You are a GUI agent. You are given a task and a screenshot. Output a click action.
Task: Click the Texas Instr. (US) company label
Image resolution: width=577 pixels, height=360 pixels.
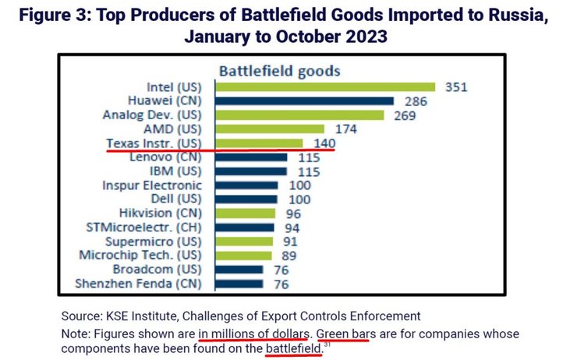154,143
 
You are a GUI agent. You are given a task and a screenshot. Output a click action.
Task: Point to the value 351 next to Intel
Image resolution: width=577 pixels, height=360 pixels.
456,86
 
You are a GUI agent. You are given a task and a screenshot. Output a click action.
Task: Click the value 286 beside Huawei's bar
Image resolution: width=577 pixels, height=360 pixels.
413,101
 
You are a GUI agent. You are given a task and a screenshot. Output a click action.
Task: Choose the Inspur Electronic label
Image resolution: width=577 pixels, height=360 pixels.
151,185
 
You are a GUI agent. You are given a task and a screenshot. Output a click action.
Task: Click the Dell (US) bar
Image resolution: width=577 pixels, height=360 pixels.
245,199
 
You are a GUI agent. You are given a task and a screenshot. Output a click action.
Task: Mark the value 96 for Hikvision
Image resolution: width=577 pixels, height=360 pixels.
292,214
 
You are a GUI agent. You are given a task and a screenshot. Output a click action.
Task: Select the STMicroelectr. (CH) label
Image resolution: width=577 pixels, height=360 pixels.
146,228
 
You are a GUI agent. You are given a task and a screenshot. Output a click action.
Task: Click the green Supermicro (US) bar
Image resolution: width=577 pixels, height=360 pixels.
242,242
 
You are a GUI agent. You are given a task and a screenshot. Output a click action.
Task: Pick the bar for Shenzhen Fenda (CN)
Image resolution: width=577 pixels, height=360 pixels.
237,284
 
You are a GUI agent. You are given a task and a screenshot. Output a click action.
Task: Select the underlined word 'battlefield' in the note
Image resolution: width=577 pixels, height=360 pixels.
293,348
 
